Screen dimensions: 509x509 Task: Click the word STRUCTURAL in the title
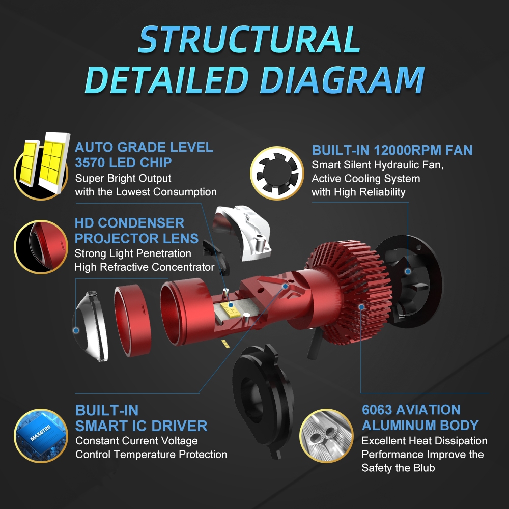click(249, 39)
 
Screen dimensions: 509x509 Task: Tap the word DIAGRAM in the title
click(342, 80)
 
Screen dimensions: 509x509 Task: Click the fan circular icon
click(277, 173)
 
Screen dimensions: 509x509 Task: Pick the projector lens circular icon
click(41, 247)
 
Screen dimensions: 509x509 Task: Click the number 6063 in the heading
click(377, 410)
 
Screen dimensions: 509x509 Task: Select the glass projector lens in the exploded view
click(90, 326)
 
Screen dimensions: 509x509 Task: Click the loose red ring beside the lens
click(132, 320)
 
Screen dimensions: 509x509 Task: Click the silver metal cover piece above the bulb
click(242, 232)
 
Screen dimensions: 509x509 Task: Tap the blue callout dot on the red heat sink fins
click(361, 307)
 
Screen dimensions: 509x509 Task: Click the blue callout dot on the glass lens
click(76, 330)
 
